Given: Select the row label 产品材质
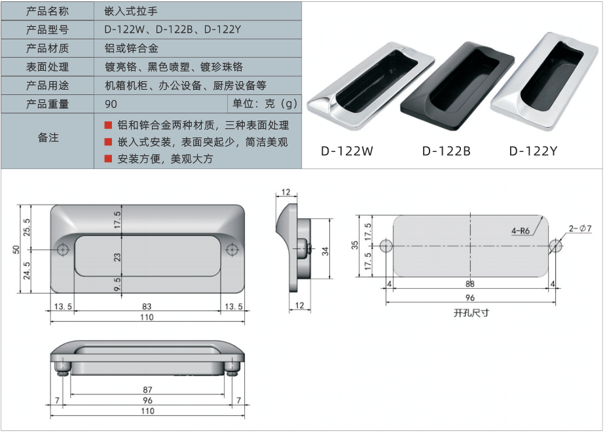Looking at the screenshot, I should [x=47, y=48].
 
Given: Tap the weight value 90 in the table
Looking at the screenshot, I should [x=111, y=104].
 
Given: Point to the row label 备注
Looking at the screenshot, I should [x=47, y=138].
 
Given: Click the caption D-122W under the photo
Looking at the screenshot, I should [x=347, y=151].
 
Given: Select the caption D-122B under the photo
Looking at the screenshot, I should [x=447, y=151].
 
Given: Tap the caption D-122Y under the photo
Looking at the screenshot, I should [x=534, y=151].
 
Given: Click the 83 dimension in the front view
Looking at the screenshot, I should [x=146, y=307].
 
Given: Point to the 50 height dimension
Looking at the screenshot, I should [x=16, y=249].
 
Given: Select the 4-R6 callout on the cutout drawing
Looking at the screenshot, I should [x=521, y=231].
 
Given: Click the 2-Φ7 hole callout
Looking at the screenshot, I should [x=580, y=229].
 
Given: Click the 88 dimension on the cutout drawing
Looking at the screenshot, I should [x=470, y=284].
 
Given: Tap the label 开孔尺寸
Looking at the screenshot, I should [x=471, y=312].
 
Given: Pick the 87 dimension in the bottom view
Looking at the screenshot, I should [x=147, y=390].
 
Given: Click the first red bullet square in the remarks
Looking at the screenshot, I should [x=109, y=124].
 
